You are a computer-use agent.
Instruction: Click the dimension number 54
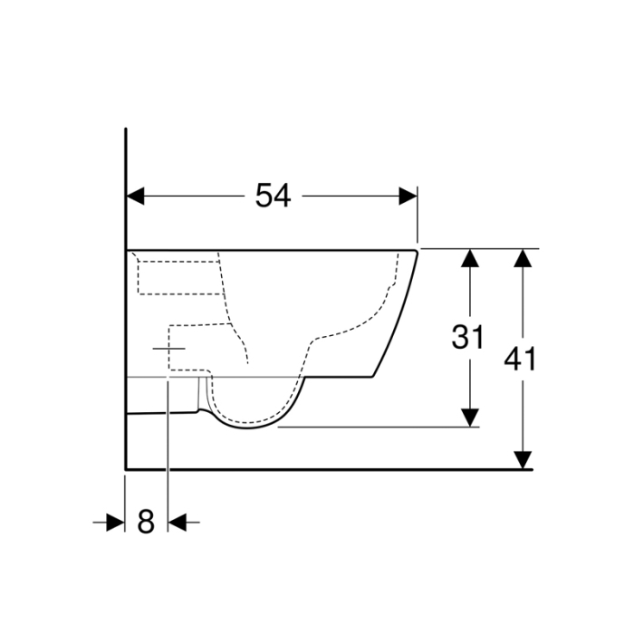click(273, 195)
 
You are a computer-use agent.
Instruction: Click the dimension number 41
click(521, 359)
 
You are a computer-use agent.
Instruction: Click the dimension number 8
click(146, 522)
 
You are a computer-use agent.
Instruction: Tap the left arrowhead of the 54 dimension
click(135, 196)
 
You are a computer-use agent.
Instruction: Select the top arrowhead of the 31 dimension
click(468, 258)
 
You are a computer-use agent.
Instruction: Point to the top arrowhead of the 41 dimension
click(522, 258)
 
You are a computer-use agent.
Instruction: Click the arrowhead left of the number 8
click(115, 522)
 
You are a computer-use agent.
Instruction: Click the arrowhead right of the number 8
click(178, 522)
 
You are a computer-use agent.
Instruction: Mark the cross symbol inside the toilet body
click(168, 348)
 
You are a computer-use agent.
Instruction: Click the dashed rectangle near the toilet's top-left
click(179, 274)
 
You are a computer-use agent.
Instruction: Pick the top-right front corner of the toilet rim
click(416, 250)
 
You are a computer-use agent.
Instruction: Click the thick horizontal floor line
click(326, 469)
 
